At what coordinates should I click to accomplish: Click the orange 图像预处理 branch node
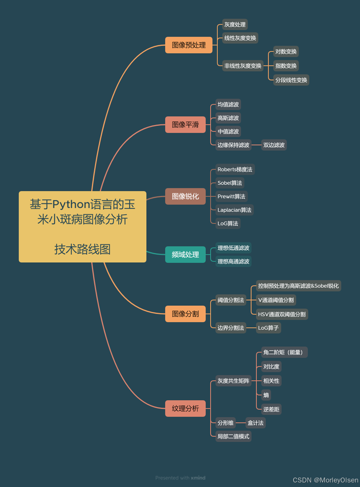[188, 45]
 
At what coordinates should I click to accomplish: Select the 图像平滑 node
[185, 125]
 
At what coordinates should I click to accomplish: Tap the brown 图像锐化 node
[185, 196]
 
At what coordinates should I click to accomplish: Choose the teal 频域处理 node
[185, 254]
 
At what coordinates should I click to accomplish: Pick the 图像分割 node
[185, 314]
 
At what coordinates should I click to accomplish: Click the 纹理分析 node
[185, 408]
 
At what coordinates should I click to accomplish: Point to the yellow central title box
[83, 227]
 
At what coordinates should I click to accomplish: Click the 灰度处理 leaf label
[235, 25]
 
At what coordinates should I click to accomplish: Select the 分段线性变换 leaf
[291, 80]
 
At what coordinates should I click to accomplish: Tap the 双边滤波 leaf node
[274, 145]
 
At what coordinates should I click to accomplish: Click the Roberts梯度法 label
[235, 170]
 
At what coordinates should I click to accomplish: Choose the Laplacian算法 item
[234, 210]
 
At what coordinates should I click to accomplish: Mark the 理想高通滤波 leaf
[233, 261]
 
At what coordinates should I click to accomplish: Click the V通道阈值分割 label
[276, 300]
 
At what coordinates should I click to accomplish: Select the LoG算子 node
[268, 328]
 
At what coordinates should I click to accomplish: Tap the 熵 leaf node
[266, 395]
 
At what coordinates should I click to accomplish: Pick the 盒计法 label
[255, 423]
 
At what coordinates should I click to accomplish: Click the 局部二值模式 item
[233, 436]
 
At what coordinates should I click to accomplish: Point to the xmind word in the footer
[198, 478]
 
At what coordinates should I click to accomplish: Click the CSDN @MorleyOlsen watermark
[325, 480]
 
